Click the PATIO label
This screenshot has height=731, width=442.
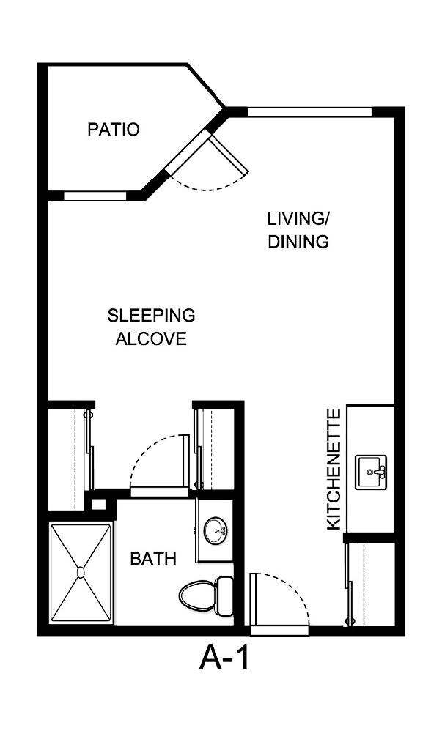click(113, 130)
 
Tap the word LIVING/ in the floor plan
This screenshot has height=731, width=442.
click(298, 218)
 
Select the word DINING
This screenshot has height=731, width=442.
click(298, 242)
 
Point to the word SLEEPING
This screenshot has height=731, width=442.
click(151, 316)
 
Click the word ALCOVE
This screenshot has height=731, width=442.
click(151, 339)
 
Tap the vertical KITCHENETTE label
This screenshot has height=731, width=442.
click(334, 470)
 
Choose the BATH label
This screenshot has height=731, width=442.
click(153, 559)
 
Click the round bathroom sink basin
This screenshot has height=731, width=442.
click(216, 530)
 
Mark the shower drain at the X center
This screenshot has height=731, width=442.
click(80, 573)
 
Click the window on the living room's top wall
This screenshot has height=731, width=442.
click(309, 112)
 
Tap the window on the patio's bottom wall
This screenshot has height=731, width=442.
click(95, 196)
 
